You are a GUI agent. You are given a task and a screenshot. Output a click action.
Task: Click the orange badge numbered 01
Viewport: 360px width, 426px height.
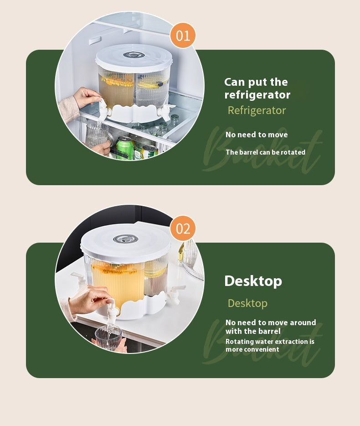[x=183, y=35]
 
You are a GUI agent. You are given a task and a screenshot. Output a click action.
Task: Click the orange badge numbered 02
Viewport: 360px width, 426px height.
[x=183, y=228]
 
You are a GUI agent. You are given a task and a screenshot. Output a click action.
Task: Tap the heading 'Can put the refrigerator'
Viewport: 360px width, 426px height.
[x=257, y=88]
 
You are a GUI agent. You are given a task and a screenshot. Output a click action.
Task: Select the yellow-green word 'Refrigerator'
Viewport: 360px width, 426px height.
[x=257, y=110]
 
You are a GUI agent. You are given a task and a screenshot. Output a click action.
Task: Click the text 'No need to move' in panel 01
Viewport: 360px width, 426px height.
[x=257, y=135]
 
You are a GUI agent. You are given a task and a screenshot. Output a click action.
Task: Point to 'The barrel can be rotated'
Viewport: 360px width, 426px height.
[x=265, y=152]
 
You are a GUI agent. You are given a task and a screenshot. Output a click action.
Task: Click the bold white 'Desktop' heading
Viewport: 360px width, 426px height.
[x=253, y=281]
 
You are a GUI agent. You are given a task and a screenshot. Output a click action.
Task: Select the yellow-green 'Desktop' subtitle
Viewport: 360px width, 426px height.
[x=247, y=303]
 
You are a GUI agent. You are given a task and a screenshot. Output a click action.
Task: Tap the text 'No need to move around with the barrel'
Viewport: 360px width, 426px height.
[x=270, y=327]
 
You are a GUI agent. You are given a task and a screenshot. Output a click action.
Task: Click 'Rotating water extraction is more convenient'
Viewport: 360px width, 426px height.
[x=270, y=345]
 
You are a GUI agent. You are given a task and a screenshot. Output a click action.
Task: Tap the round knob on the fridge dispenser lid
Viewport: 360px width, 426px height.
[x=134, y=55]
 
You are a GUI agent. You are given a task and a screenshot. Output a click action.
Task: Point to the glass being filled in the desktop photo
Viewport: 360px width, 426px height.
[x=108, y=337]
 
